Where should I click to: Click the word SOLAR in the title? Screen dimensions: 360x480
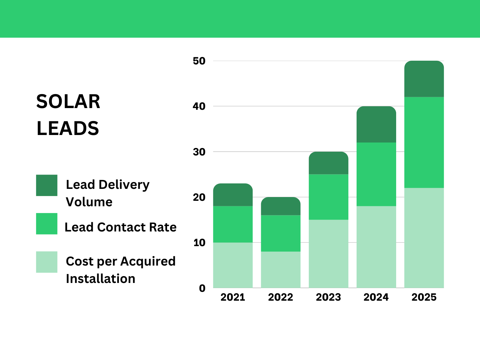[x=68, y=102]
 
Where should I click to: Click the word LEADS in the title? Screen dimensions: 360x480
[x=67, y=129]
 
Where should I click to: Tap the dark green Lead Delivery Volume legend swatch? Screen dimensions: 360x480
[x=47, y=185]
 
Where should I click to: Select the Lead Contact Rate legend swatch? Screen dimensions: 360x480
[x=47, y=224]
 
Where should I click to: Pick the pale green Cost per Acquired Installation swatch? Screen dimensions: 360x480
[x=47, y=262]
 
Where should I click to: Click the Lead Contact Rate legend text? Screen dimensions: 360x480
[x=120, y=227]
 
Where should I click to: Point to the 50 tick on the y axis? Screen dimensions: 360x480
[x=199, y=61]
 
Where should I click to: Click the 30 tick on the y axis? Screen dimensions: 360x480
[x=199, y=152]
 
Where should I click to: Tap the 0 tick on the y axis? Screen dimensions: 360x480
[x=202, y=288]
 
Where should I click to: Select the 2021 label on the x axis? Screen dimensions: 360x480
[x=233, y=297]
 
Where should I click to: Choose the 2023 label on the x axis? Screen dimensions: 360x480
[x=328, y=297]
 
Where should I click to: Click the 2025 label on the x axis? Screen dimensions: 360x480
[x=424, y=297]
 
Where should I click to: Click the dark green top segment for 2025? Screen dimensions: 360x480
[x=424, y=79]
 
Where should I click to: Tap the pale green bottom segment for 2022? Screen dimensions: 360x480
[x=281, y=270]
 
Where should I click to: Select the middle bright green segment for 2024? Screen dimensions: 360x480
[x=376, y=174]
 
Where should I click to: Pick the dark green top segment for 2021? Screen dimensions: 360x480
[x=233, y=195]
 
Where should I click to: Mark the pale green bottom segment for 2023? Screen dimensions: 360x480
[x=329, y=254]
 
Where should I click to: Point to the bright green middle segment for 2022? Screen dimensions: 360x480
[x=281, y=233]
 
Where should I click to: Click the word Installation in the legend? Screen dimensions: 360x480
[x=101, y=279]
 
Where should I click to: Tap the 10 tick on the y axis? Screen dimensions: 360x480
[x=199, y=243]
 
